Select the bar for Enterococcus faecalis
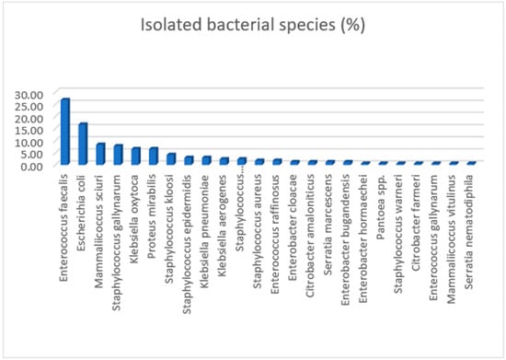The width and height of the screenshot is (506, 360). (x=65, y=132)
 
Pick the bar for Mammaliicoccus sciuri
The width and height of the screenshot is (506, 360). (x=100, y=154)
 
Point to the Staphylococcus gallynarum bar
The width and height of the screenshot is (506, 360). (x=118, y=155)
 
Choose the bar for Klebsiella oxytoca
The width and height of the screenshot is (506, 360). (x=135, y=156)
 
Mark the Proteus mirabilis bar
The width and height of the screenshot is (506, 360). (x=153, y=156)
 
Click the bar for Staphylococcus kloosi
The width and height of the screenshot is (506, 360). (x=170, y=158)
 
